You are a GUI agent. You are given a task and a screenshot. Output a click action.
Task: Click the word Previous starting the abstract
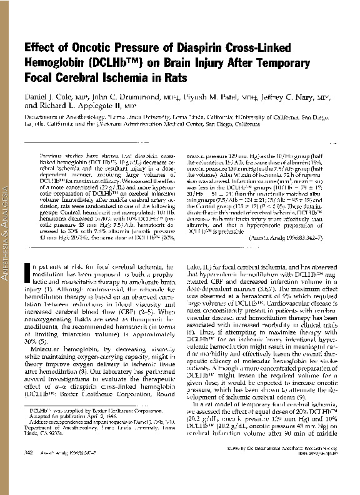pos(54,154)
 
